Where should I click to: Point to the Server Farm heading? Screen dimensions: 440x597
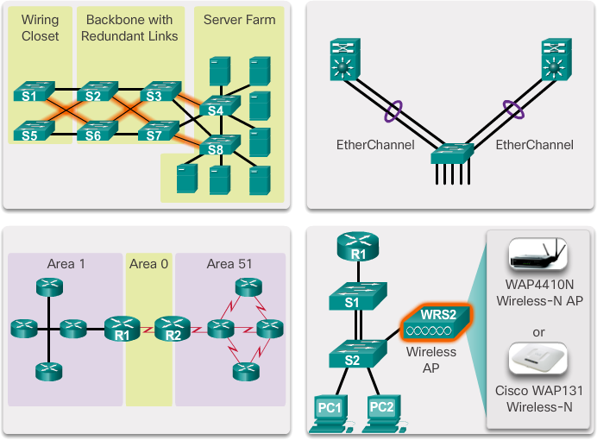click(239, 19)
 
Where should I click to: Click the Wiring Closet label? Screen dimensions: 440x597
click(41, 28)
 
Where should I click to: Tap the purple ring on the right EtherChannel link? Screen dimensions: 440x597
click(514, 110)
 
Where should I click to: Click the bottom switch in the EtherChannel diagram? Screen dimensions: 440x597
click(452, 154)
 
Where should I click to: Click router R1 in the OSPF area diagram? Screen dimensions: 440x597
click(122, 328)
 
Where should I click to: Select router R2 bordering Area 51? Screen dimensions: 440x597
click(173, 328)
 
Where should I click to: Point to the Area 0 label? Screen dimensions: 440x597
click(149, 264)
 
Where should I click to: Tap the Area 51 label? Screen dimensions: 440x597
click(229, 264)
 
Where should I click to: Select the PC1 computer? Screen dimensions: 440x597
click(328, 409)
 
